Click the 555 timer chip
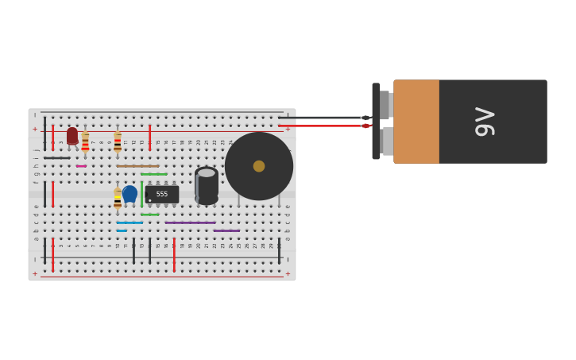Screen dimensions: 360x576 point(162,194)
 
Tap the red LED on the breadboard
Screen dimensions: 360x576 point(72,136)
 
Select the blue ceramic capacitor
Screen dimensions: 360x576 point(130,193)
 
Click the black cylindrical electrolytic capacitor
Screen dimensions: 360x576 point(207,184)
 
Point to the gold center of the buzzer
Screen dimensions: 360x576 point(259,166)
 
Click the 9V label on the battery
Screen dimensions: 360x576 point(485,122)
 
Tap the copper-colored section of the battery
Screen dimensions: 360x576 point(416,122)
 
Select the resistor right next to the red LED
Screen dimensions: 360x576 point(85,141)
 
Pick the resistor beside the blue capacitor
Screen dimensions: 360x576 point(118,198)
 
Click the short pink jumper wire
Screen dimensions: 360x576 point(81,166)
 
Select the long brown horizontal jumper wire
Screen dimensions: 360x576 point(137,166)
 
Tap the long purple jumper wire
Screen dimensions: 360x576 point(190,223)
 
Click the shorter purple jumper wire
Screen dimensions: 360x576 point(226,230)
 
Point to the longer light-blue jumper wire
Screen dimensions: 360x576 point(130,223)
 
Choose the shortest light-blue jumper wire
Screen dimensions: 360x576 point(122,230)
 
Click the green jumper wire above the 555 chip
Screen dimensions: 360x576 point(154,174)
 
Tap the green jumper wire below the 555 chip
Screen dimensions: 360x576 point(149,215)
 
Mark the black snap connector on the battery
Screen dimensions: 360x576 point(376,122)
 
